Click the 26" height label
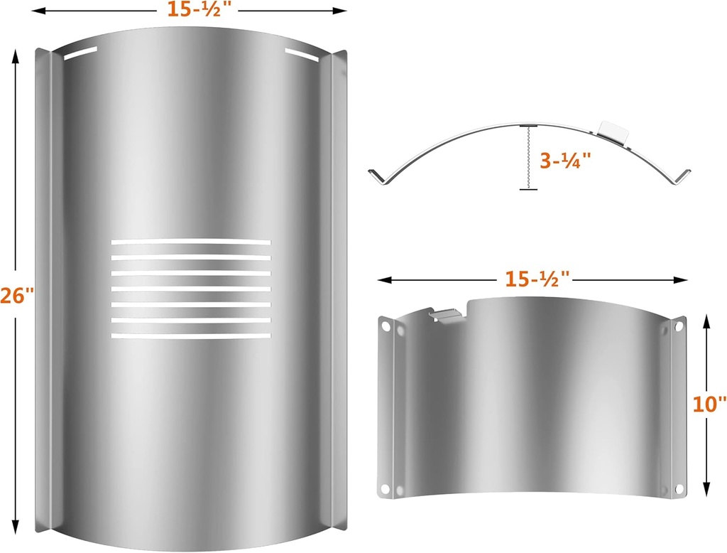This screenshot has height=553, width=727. (x=17, y=295)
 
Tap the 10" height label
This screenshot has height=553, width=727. (x=709, y=404)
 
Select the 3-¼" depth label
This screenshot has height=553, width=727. (x=566, y=160)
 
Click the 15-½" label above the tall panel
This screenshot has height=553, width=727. (x=199, y=9)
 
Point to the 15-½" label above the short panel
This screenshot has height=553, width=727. (x=537, y=279)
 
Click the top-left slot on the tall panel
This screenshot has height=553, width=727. (x=80, y=53)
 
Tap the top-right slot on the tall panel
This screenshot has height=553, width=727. (x=302, y=54)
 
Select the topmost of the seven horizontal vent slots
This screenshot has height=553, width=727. (x=191, y=242)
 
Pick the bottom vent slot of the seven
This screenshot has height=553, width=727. (x=191, y=335)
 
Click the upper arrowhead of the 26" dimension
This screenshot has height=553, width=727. (x=16, y=57)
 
